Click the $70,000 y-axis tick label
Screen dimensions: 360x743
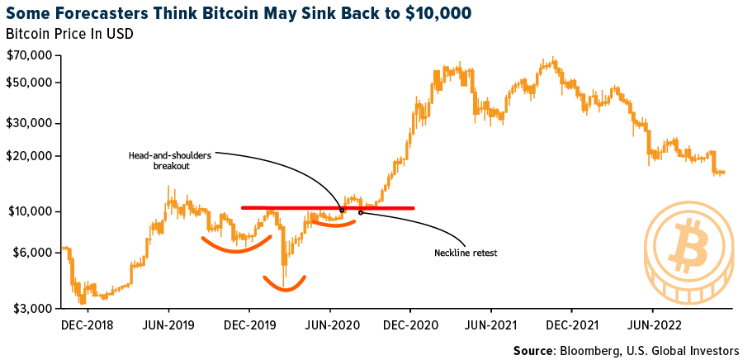pos(31,55)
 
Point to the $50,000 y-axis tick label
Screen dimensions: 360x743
pos(31,83)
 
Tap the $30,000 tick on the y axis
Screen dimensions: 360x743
pos(31,123)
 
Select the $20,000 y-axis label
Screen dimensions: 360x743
pos(31,156)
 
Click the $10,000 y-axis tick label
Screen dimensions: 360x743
pos(31,211)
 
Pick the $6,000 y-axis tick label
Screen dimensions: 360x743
pos(34,252)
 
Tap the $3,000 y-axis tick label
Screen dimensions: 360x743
pos(34,308)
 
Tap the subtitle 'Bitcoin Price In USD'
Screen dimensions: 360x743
pos(69,35)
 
